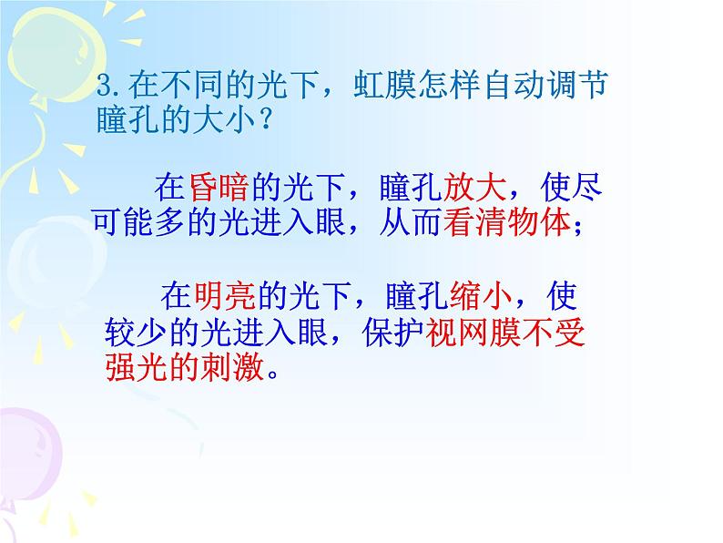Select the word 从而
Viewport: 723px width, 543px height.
(412, 223)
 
